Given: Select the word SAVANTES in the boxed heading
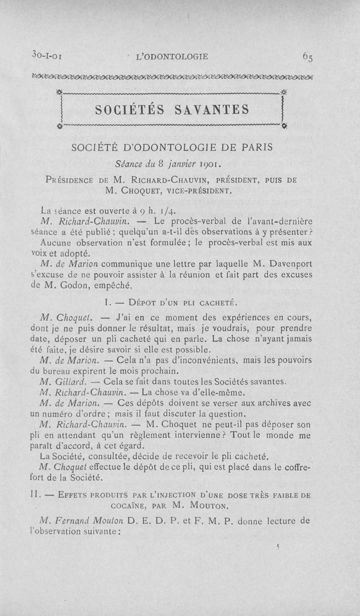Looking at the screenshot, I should pos(211,109).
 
